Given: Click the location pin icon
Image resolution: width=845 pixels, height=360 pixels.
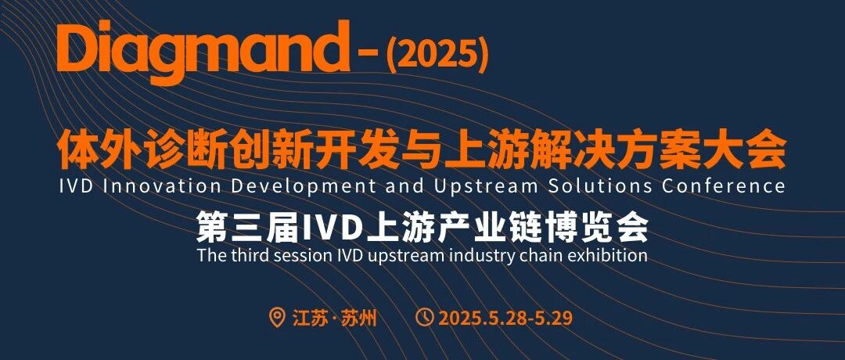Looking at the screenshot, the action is (277, 317).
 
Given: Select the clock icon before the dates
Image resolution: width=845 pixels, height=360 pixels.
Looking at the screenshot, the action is (425, 317).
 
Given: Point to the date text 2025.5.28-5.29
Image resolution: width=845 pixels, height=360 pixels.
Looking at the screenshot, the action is (505, 318).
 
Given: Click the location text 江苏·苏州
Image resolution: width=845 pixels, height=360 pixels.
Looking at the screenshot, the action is (334, 318).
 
